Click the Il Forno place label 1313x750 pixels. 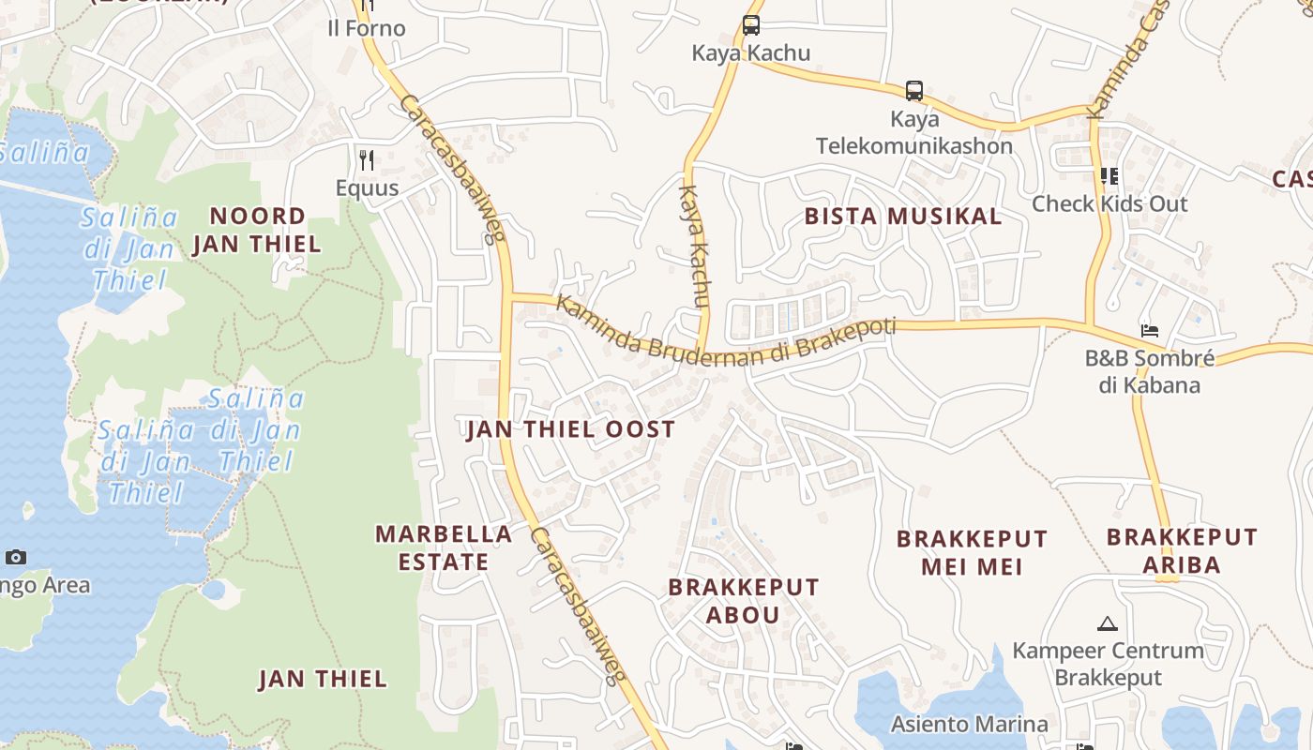point(366,28)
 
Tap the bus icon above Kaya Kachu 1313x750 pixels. point(750,25)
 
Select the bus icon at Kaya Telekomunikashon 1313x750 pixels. point(913,91)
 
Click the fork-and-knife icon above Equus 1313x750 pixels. point(367,160)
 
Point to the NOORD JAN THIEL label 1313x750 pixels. point(257,231)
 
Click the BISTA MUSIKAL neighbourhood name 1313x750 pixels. point(903,217)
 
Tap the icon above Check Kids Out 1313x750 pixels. point(1109,176)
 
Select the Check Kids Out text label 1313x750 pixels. point(1109,203)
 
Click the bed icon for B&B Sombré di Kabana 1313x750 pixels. point(1150,331)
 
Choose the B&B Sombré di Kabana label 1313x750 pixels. point(1150,371)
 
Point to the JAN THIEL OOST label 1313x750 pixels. point(570,430)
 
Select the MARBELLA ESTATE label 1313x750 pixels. point(444,547)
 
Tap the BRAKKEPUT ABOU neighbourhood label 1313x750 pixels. point(743,601)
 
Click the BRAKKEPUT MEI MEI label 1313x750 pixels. point(972,553)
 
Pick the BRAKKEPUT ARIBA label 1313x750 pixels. point(1181,551)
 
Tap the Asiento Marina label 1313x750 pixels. point(969,724)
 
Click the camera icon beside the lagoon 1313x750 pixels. point(15,558)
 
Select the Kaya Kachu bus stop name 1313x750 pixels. point(750,52)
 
